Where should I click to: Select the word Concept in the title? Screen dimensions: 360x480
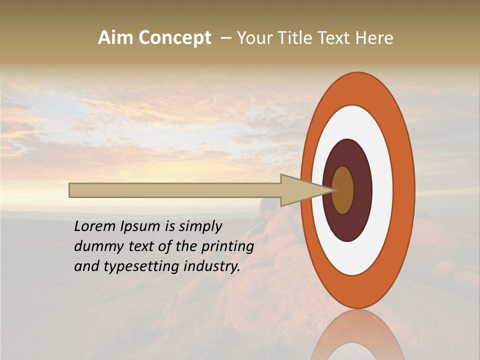[x=175, y=38]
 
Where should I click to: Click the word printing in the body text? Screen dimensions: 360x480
[x=227, y=246]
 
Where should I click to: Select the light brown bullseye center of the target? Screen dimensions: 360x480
[x=343, y=190]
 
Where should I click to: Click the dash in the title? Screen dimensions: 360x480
[x=225, y=38]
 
